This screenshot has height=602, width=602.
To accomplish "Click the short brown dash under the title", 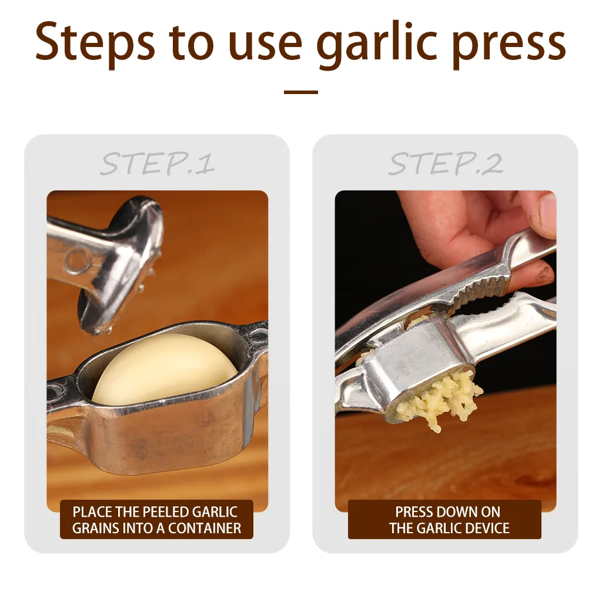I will click(x=300, y=92).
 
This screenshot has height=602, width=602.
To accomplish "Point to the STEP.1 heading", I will click(x=157, y=163).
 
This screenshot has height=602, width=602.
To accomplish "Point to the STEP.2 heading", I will click(x=445, y=163).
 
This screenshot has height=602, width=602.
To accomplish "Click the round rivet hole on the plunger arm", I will click(x=76, y=259).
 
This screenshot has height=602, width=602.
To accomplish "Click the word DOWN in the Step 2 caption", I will click(x=461, y=512).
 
